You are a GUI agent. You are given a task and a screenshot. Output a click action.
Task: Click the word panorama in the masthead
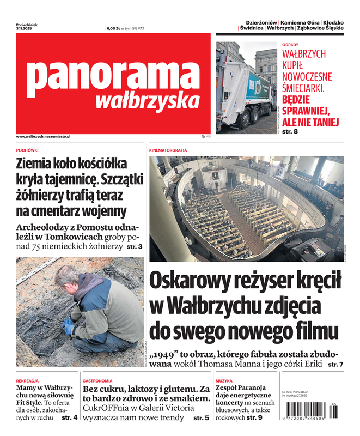pos(113,75)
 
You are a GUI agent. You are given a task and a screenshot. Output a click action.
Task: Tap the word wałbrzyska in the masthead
pos(147,101)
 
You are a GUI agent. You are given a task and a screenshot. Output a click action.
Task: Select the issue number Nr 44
pos(205,136)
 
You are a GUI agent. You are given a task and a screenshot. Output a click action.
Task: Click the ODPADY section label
pos(290,44)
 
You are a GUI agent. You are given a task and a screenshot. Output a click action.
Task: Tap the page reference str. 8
pos(290,131)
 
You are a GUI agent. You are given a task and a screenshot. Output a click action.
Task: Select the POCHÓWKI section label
pos(27,149)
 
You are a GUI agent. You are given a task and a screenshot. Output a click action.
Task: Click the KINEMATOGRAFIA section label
pos(168,149)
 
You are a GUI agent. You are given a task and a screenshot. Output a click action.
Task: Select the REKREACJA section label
pos(27,381)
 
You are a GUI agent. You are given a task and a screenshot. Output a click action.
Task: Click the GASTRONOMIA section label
pos(98,381)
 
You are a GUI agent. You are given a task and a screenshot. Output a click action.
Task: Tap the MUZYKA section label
pos(224,381)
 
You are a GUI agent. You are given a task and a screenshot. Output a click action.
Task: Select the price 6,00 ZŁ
pos(114,28)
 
